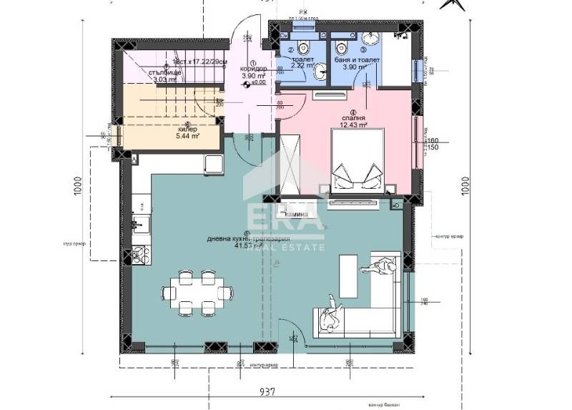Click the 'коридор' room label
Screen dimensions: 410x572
[253, 69]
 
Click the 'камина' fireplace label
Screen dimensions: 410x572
[297, 214]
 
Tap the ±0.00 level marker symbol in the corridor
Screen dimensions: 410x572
[247, 84]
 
